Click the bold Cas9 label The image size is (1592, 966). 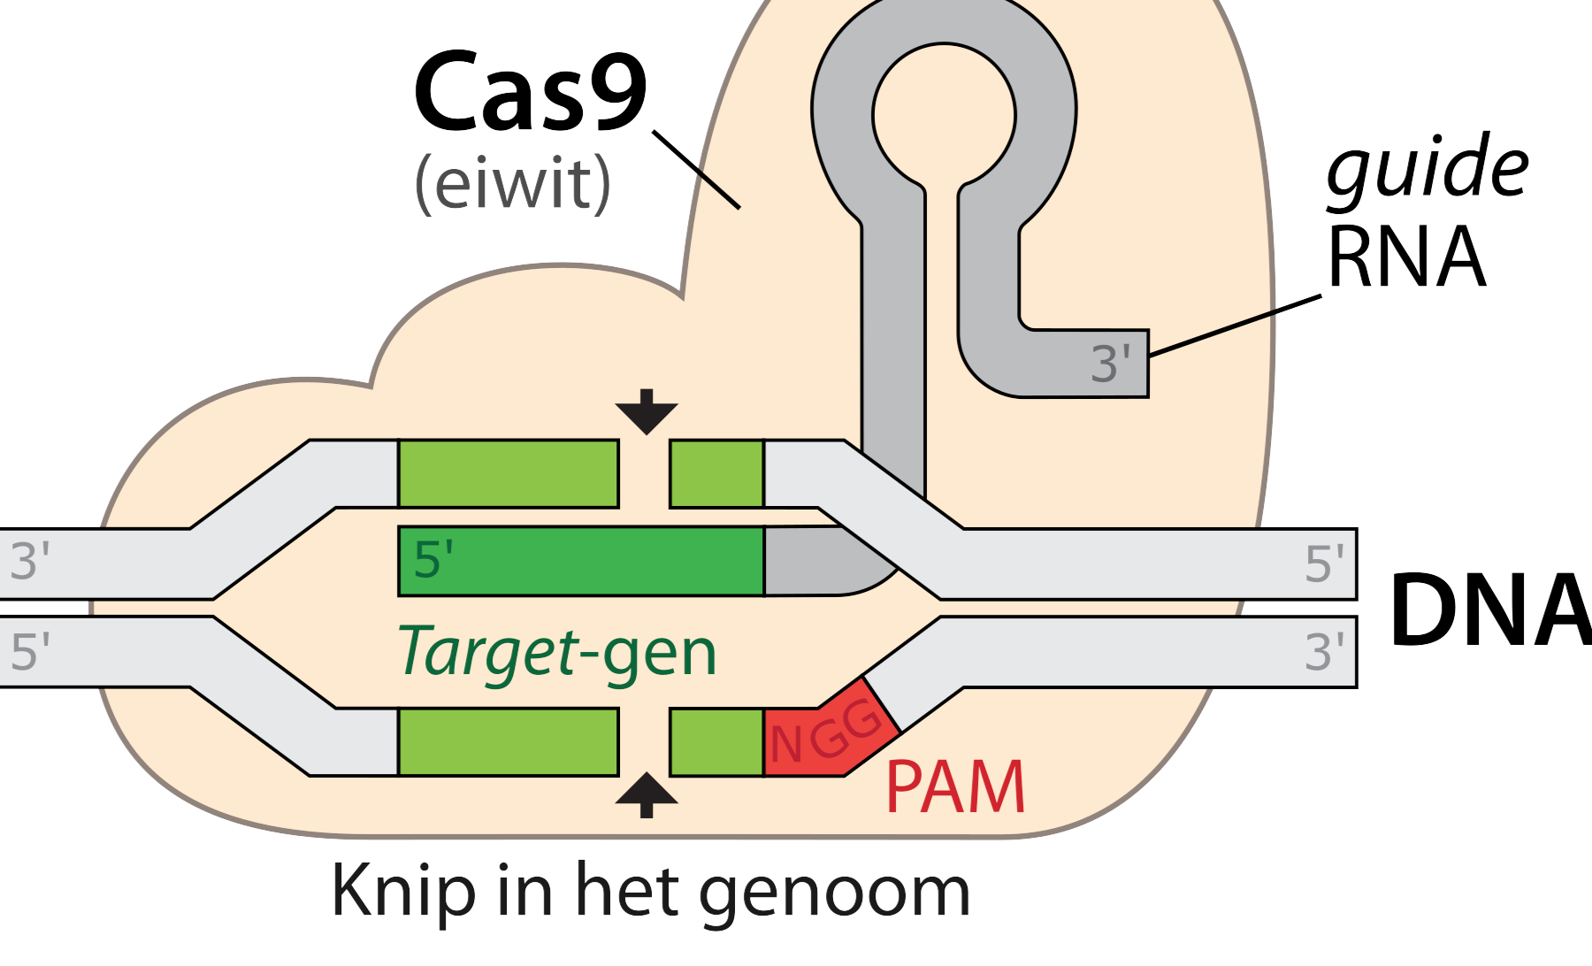(x=531, y=93)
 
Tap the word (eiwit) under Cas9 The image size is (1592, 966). (x=513, y=183)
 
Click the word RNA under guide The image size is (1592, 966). (x=1406, y=257)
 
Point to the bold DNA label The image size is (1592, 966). (x=1490, y=610)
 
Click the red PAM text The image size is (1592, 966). (x=955, y=787)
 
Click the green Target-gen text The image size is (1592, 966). (x=557, y=653)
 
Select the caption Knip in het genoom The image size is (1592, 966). (x=650, y=892)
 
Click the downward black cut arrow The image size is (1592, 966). (x=647, y=412)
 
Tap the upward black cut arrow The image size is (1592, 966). (x=647, y=793)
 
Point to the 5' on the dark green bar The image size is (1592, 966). (x=433, y=560)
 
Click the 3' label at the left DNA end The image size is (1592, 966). (x=29, y=562)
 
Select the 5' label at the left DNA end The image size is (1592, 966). (x=29, y=652)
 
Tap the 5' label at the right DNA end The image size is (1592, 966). (x=1324, y=563)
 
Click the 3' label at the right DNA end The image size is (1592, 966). (x=1324, y=652)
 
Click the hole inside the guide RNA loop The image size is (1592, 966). (x=944, y=115)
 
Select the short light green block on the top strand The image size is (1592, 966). (x=716, y=473)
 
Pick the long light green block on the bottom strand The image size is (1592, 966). (x=509, y=741)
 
